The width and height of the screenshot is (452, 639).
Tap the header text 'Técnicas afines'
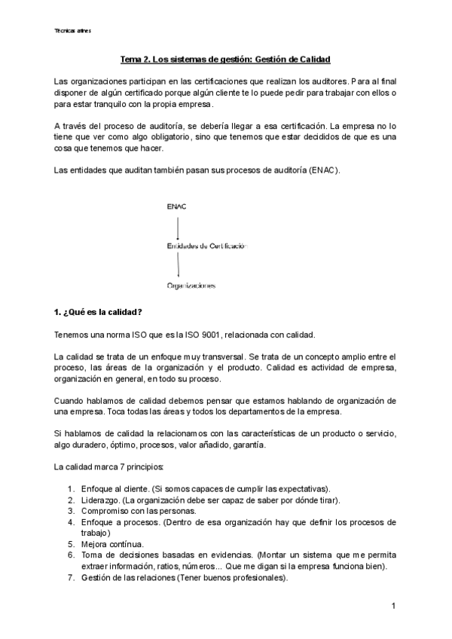(73, 31)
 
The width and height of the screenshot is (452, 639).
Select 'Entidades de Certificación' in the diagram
(206, 246)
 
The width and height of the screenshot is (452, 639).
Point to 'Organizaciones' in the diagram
(191, 286)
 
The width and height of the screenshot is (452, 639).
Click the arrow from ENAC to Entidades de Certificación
(178, 226)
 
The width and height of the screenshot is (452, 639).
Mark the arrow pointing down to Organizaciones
(178, 266)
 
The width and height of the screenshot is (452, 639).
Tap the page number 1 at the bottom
(393, 606)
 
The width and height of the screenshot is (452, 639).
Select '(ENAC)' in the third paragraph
(324, 170)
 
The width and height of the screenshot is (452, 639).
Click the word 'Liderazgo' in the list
(100, 500)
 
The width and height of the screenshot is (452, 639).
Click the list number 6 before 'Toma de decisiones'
(71, 555)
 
